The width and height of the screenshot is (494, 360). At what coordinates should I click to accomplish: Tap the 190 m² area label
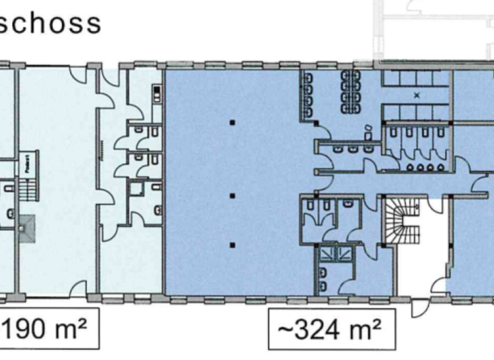(48, 333)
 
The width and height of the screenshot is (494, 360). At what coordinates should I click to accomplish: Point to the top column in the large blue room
(232, 122)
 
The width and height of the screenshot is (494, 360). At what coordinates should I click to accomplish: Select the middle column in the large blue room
(232, 195)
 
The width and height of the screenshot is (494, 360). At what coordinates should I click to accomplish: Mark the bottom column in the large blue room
(232, 244)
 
